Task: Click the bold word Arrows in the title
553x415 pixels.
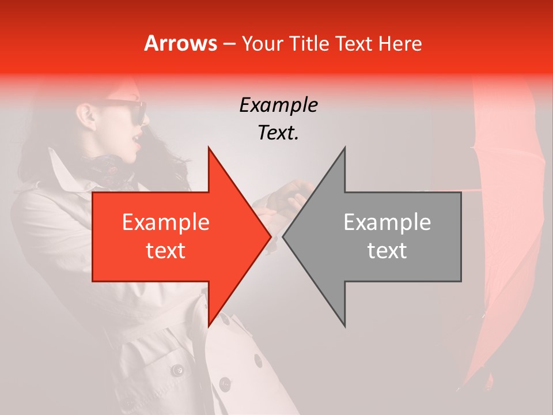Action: point(181,43)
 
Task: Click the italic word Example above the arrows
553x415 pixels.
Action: point(278,105)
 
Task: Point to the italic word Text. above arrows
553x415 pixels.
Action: point(278,133)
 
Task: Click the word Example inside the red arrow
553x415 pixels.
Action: point(166,222)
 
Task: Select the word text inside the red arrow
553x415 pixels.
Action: point(166,250)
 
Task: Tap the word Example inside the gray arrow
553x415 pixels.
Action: point(387,222)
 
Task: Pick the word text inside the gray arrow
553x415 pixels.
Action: point(387,250)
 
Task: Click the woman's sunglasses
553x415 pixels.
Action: point(130,111)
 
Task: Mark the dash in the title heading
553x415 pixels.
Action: point(230,43)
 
